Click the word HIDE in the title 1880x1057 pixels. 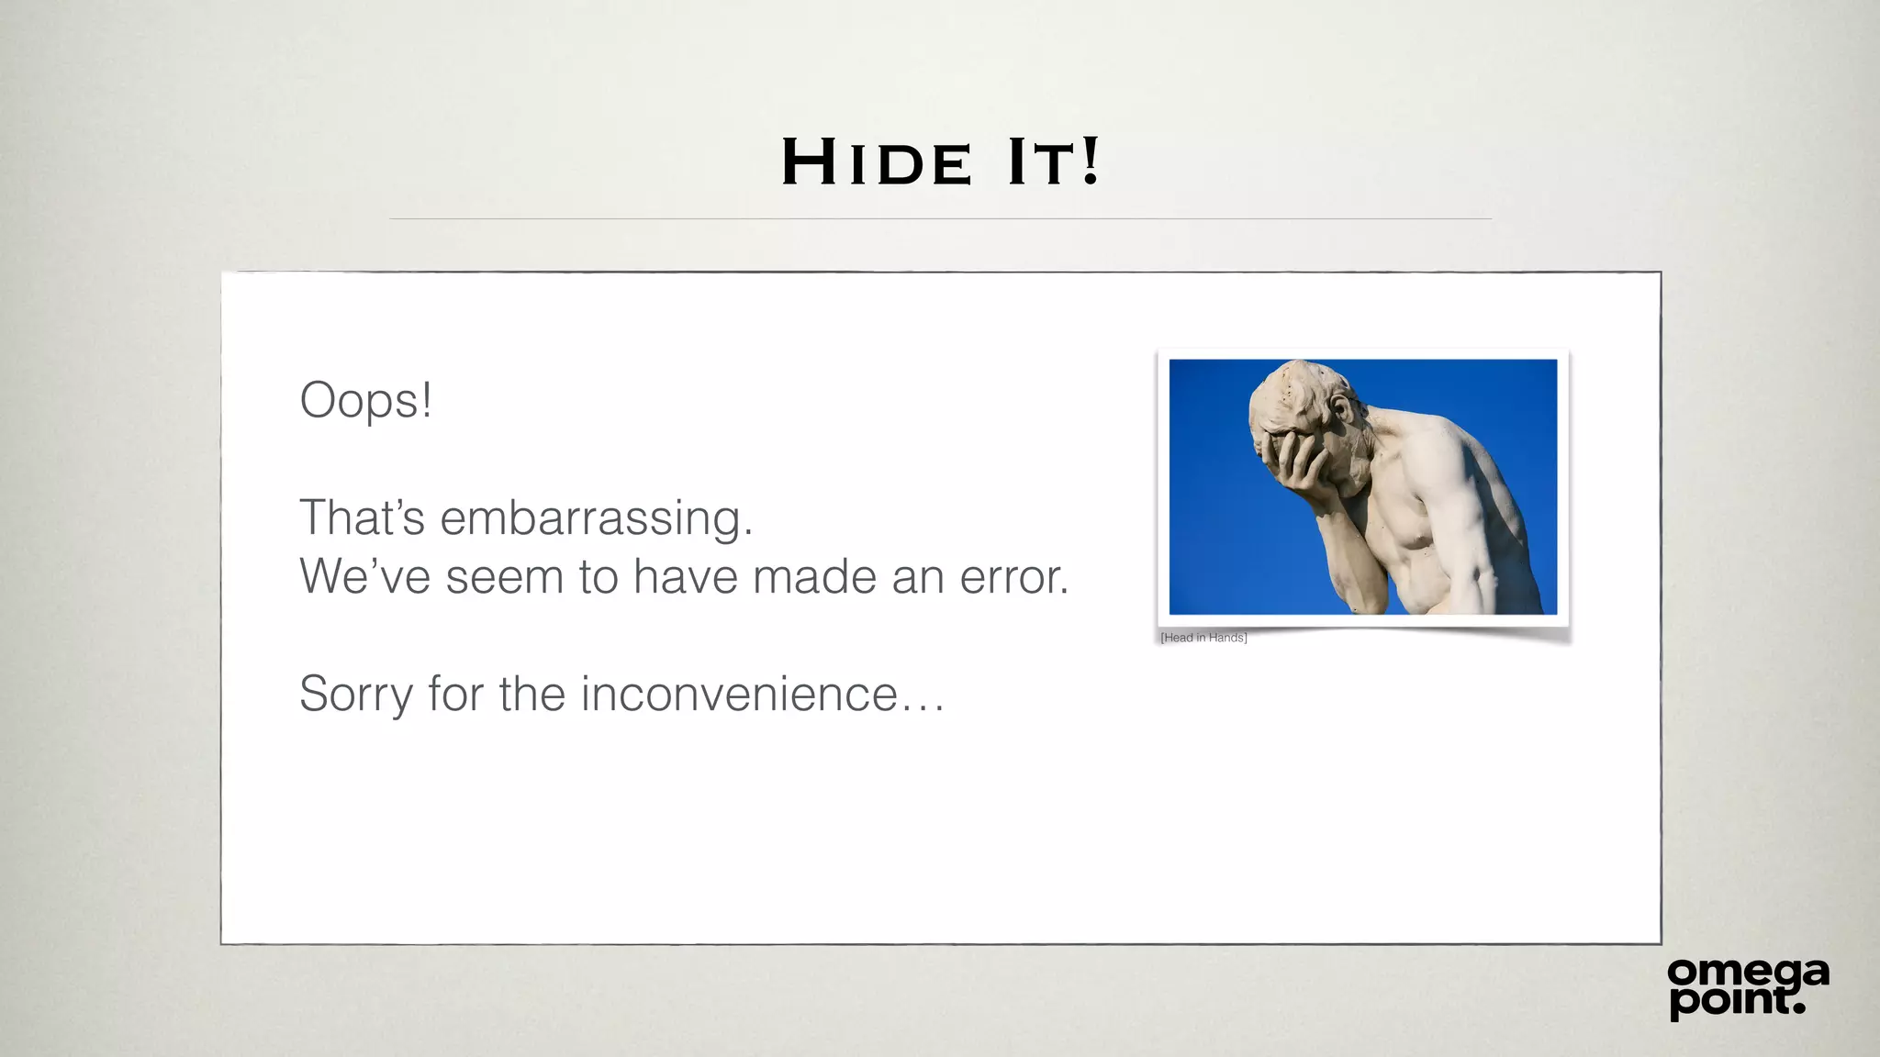[x=876, y=162]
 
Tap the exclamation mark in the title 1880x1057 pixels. [x=1090, y=161]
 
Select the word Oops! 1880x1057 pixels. [x=365, y=401]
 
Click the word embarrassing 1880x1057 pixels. [x=596, y=518]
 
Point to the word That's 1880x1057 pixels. [x=362, y=517]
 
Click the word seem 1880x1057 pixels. [x=504, y=578]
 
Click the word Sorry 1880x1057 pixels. [x=356, y=695]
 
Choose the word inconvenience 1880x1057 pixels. [x=739, y=694]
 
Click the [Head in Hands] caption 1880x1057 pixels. [x=1203, y=638]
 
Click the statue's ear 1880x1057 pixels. [x=1343, y=407]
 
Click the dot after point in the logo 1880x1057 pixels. [x=1798, y=1007]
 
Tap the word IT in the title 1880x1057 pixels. [x=1040, y=162]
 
